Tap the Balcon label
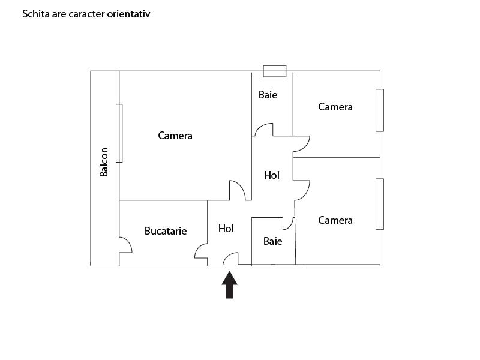pyautogui.click(x=104, y=162)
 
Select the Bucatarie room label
pyautogui.click(x=166, y=231)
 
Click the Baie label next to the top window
pyautogui.click(x=268, y=95)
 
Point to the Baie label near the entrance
pyautogui.click(x=273, y=241)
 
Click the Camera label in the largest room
pyautogui.click(x=175, y=136)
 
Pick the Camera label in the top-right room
pyautogui.click(x=335, y=107)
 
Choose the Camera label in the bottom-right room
pyautogui.click(x=335, y=220)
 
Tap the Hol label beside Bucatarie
pyautogui.click(x=226, y=229)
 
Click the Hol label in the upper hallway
pyautogui.click(x=272, y=175)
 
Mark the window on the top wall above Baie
pyautogui.click(x=275, y=71)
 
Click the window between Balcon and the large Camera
pyautogui.click(x=119, y=133)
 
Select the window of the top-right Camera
pyautogui.click(x=380, y=110)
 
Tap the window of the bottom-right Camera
pyautogui.click(x=380, y=204)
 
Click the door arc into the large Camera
pyautogui.click(x=241, y=186)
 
